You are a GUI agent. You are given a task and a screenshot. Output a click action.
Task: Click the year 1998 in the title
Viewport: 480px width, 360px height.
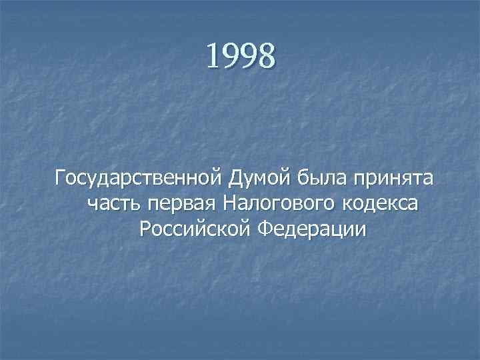240,55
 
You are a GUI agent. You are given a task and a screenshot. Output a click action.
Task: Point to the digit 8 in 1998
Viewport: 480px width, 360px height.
266,56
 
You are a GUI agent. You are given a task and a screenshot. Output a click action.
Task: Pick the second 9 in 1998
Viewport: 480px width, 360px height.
249,57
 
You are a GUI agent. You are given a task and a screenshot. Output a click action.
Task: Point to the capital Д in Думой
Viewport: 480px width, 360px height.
235,179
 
